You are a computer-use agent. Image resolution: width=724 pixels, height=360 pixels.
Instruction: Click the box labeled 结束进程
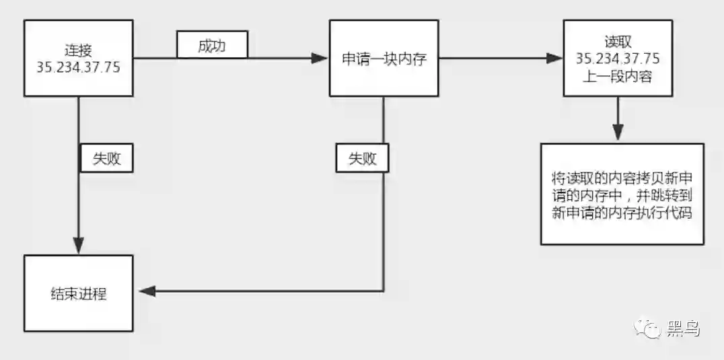click(78, 294)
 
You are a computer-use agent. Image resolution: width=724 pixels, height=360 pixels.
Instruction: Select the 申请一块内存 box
click(384, 59)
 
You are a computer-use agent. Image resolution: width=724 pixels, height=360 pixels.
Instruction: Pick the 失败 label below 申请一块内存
click(363, 159)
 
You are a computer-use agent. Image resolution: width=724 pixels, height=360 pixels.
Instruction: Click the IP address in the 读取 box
click(618, 59)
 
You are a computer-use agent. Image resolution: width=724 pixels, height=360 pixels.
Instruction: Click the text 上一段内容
click(618, 76)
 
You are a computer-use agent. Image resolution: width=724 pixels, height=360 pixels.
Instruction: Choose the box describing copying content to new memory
click(622, 194)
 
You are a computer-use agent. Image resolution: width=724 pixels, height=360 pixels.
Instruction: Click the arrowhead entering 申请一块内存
click(321, 59)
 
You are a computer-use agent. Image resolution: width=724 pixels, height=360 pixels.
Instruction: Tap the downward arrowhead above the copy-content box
click(618, 134)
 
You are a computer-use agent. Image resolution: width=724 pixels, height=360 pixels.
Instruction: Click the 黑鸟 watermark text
click(683, 329)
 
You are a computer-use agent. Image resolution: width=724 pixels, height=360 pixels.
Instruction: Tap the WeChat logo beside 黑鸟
click(649, 329)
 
